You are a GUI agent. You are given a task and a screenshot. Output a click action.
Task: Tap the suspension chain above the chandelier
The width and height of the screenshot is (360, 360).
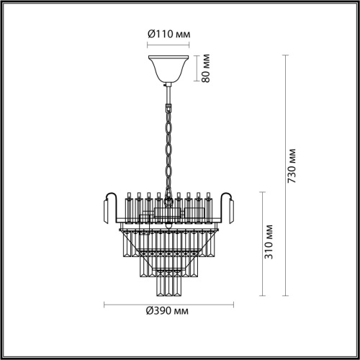click(168, 144)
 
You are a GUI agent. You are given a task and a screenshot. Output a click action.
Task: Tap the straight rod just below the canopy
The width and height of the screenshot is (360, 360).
click(167, 91)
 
